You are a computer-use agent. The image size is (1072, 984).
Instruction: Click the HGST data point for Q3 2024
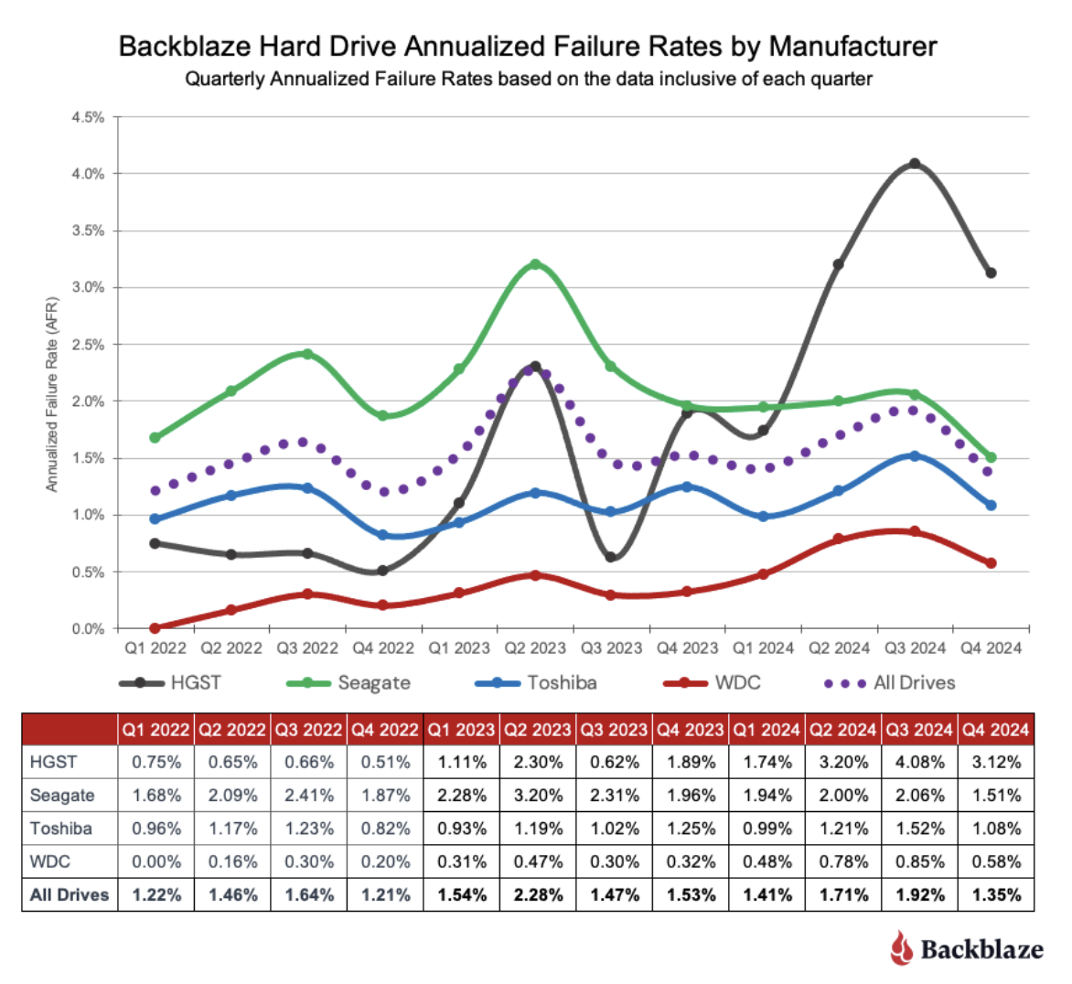[914, 164]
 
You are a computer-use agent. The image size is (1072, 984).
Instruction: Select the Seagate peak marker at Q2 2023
[535, 264]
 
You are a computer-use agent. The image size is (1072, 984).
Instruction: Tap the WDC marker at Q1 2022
[155, 628]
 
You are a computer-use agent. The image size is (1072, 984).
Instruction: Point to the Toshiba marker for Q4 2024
[991, 505]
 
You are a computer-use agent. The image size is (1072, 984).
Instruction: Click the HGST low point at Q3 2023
[611, 557]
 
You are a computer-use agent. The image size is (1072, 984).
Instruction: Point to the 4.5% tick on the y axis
[89, 117]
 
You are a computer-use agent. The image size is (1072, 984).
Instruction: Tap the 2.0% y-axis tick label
[89, 401]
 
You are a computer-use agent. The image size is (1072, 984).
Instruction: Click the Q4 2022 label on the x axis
[383, 648]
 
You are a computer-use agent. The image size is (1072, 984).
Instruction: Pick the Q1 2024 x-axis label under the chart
[763, 648]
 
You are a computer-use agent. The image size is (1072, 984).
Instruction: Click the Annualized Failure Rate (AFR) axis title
[52, 394]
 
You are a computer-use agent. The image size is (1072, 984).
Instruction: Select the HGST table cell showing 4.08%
[919, 762]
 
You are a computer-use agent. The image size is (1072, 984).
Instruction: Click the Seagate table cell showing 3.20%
[538, 795]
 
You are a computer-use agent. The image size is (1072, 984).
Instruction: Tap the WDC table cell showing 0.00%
[156, 861]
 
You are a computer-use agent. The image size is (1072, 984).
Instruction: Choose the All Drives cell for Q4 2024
[996, 894]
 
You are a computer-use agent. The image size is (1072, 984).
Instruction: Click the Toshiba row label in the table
[61, 829]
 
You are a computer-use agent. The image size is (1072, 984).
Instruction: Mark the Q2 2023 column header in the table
[538, 730]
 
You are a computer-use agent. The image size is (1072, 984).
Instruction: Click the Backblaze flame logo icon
[902, 947]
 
